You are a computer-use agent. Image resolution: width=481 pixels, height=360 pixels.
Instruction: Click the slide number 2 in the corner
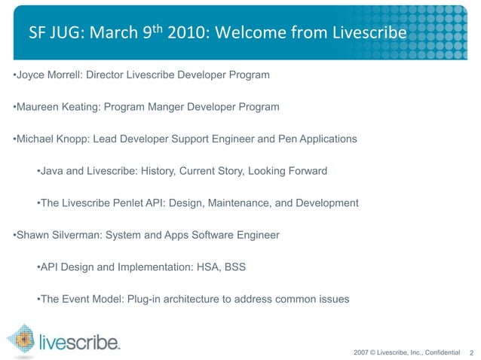coord(471,352)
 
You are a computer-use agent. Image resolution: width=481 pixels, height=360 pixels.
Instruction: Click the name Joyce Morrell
coord(49,76)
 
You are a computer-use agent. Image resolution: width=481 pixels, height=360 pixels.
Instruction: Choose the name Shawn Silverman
coord(57,235)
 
